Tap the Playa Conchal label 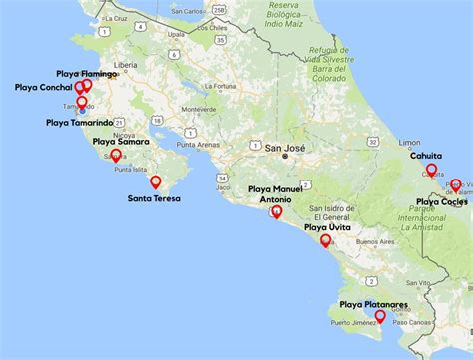point(43,88)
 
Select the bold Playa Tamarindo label point(85,123)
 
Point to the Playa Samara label point(121,142)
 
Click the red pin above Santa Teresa point(155,181)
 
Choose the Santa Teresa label point(155,198)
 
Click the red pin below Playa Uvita point(325,240)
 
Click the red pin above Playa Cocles point(455,184)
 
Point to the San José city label point(284,148)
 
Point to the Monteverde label point(200,109)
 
